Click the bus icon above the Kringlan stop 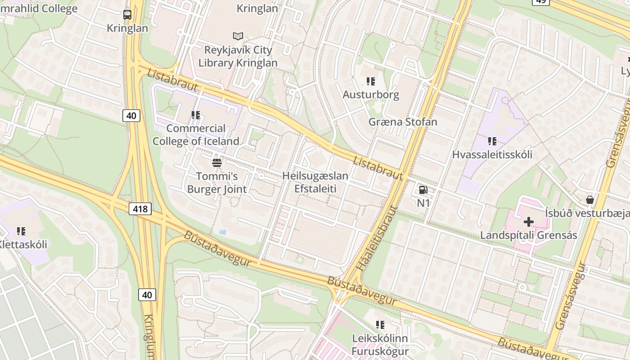point(127,15)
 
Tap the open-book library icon point(238,36)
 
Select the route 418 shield point(140,208)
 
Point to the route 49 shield point(540,1)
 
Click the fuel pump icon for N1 point(423,190)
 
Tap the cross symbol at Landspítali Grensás point(529,221)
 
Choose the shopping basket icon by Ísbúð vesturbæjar point(589,199)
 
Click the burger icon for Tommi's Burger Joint point(217,162)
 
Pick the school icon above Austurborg point(371,81)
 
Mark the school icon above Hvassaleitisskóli point(492,141)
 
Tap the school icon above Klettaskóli point(21,231)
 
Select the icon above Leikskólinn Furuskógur point(380,324)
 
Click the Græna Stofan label point(403,122)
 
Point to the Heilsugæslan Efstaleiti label point(315,182)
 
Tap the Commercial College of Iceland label point(196,135)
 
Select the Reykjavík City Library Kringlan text point(241,56)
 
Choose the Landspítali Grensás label point(528,235)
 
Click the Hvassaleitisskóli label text point(492,154)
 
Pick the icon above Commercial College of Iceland point(195,115)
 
